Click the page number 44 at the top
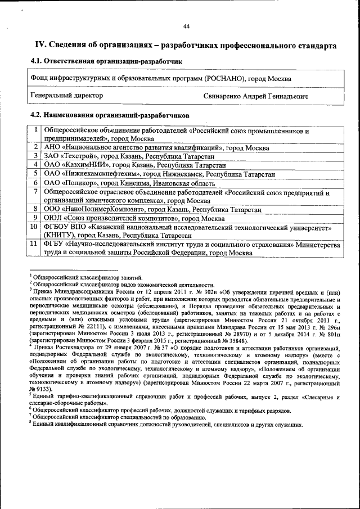coord(186,26)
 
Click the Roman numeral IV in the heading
coord(40,45)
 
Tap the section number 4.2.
coord(37,115)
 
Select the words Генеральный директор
coord(66,96)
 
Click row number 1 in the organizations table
coord(35,130)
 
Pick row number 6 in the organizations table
coord(35,183)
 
